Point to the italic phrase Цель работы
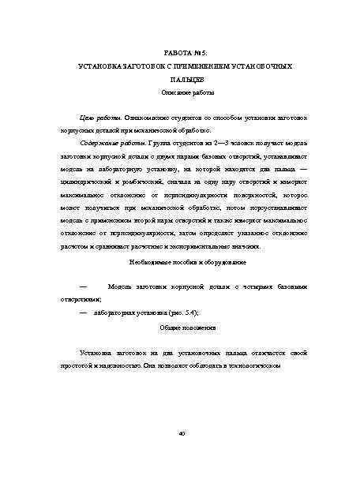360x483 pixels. click(x=99, y=117)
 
